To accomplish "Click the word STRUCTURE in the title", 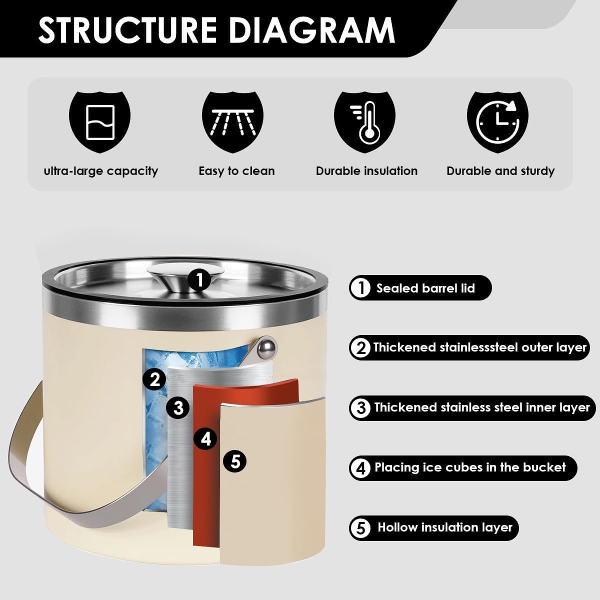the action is pos(127,30).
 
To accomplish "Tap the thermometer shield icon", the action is pos(365,122).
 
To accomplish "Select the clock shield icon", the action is pos(497,122).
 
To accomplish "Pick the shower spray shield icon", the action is pos(232,122).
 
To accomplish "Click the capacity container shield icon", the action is pos(99,122).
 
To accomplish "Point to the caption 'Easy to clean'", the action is pos(236,171).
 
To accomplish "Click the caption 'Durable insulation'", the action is pos(367,171).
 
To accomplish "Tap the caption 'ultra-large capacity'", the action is pos(101,171).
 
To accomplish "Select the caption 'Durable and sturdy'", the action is pos(500,171).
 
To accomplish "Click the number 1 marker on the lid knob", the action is pos(199,280).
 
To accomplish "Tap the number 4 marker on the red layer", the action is pos(205,439).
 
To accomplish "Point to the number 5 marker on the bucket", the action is pos(235,461).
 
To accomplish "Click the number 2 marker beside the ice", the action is pos(154,379).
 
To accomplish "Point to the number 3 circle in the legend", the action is pos(360,407).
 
